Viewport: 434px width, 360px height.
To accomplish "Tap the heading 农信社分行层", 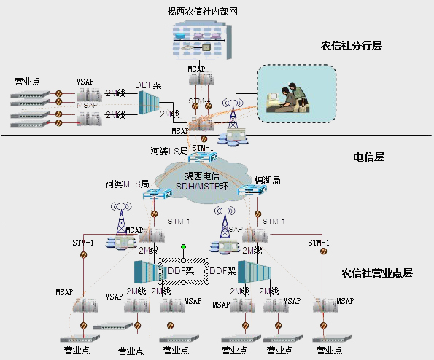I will point(352,45).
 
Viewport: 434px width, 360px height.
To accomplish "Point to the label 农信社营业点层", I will point(377,273).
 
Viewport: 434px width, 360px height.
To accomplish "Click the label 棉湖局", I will point(268,180).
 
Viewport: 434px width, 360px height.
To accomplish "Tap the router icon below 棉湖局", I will point(250,191).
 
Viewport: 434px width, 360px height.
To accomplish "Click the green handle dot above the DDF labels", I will point(184,247).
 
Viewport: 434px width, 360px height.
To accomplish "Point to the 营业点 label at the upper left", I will point(29,82).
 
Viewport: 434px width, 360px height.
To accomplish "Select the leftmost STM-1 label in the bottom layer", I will point(83,243).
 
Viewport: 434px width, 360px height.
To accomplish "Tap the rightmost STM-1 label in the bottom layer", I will point(319,243).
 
